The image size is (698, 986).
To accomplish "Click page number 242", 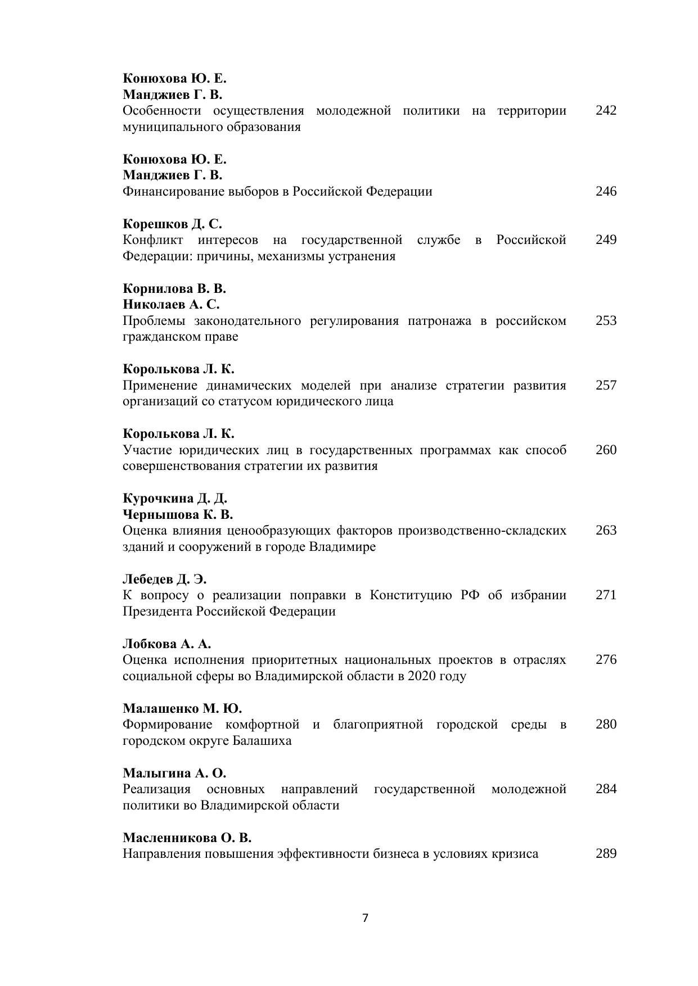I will pyautogui.click(x=606, y=110).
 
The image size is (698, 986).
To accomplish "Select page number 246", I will pyautogui.click(x=606, y=191).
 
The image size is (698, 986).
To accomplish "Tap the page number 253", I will pyautogui.click(x=606, y=320).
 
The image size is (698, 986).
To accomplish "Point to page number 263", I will pyautogui.click(x=606, y=530).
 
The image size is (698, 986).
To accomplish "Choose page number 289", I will pyautogui.click(x=606, y=853).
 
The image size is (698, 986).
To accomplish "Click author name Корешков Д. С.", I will pyautogui.click(x=173, y=224).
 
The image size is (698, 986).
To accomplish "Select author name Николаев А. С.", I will pyautogui.click(x=171, y=304).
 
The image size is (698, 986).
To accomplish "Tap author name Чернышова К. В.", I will pyautogui.click(x=178, y=514).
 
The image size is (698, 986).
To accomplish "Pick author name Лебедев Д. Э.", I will pyautogui.click(x=165, y=579).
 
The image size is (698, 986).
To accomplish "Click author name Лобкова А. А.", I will pyautogui.click(x=166, y=644).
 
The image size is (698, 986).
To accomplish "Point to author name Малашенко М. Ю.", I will pyautogui.click(x=182, y=708).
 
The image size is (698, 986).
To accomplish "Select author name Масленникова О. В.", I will pyautogui.click(x=187, y=838).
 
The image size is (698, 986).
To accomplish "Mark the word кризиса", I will pyautogui.click(x=515, y=854).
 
